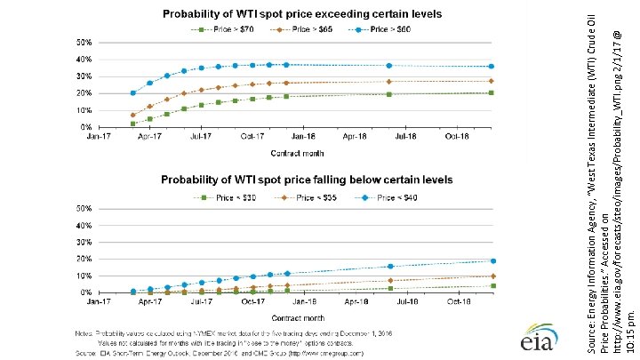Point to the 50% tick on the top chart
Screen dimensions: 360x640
tap(82, 43)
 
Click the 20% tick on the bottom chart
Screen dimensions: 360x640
tap(82, 259)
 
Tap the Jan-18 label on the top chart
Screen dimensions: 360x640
tap(304, 138)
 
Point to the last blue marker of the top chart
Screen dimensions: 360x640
tap(492, 67)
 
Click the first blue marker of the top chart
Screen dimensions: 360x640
tap(132, 92)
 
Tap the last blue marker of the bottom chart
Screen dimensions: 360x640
tap(492, 260)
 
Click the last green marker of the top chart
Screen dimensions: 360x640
tap(492, 92)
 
